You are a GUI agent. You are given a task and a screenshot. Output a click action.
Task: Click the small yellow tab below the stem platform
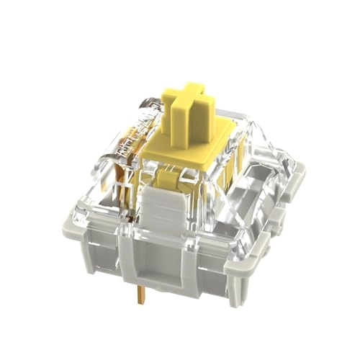[x=166, y=181]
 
